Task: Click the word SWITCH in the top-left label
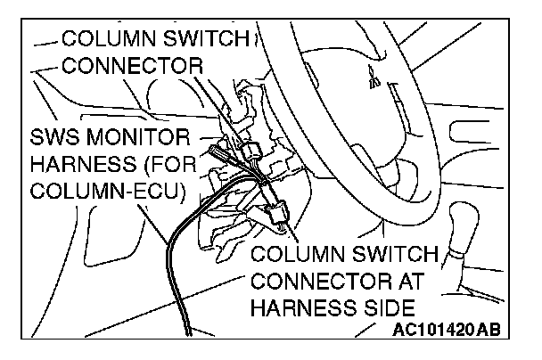point(200,39)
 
